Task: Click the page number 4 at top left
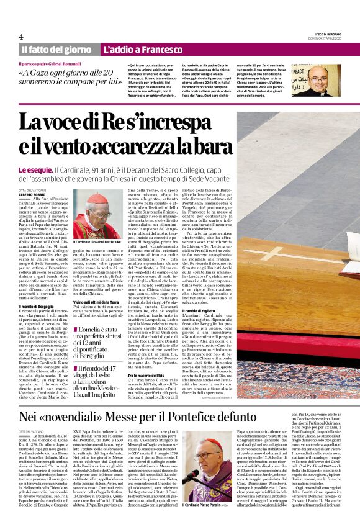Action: pyautogui.click(x=21, y=37)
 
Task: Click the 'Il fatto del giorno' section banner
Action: pyautogui.click(x=56, y=49)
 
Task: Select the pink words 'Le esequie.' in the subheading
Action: pyautogui.click(x=35, y=169)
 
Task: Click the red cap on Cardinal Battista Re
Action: pyautogui.click(x=98, y=198)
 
